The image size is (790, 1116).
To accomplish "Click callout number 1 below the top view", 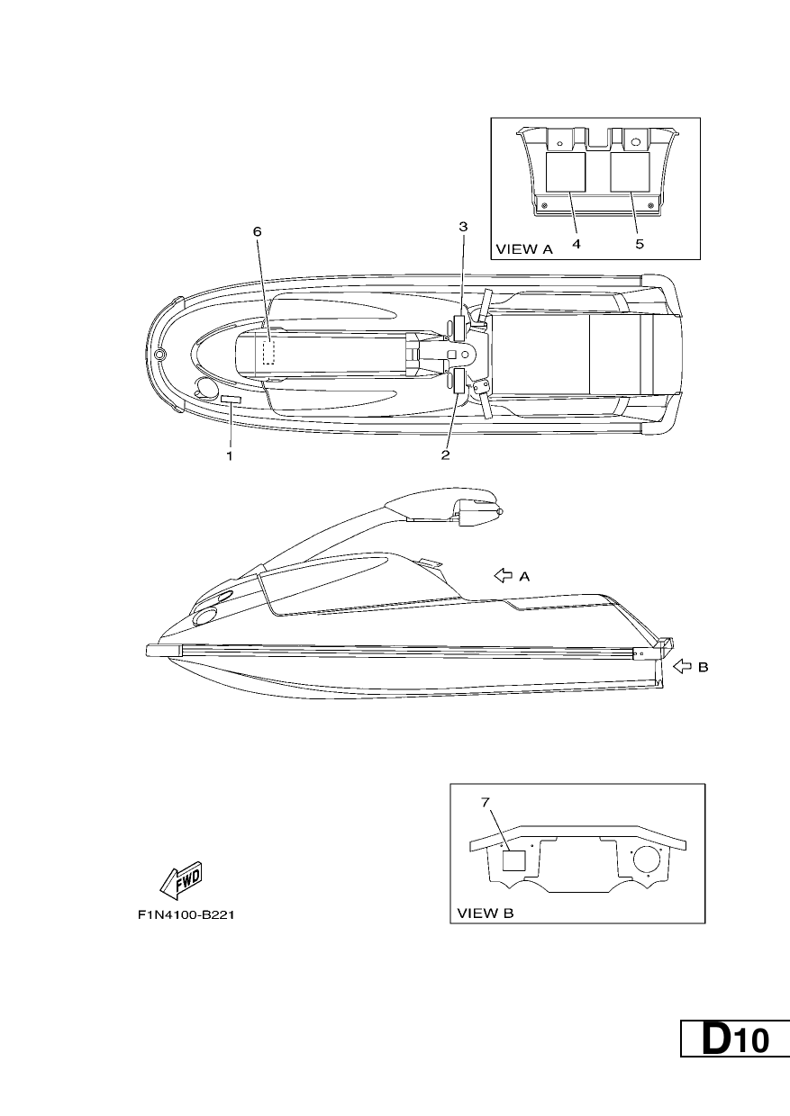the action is pos(230,455).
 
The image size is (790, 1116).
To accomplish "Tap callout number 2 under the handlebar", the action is pos(445,454).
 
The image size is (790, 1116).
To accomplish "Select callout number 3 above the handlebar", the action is pos(463,227).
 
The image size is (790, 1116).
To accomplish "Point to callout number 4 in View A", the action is pos(576,244).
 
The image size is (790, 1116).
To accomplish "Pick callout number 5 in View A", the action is pos(640,244).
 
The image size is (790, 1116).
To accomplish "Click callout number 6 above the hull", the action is pos(258,231).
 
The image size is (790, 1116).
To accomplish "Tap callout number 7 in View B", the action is pos(486,802).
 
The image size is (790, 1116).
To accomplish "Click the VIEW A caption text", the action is pos(524,249).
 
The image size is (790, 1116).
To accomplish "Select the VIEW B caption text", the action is pos(486,913).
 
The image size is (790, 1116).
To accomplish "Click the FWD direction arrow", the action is pos(180,880).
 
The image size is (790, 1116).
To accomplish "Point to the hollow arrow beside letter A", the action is pos(503,576).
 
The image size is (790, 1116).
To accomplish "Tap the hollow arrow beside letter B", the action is pos(682,667).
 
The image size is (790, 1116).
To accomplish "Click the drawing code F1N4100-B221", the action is pos(186,915).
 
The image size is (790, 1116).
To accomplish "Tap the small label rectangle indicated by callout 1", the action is pos(231,400).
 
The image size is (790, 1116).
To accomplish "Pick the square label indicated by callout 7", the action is pos(513,860).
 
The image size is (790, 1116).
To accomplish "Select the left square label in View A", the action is pos(565,172).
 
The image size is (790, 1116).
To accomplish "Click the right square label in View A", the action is pos(630,172).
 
